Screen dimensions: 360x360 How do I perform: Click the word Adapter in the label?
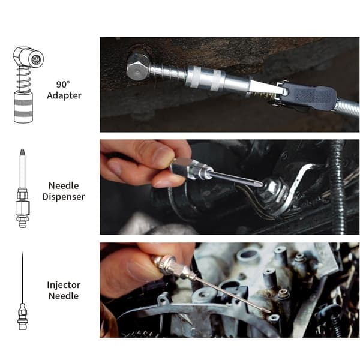[64, 95]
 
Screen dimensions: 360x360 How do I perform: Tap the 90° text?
[63, 85]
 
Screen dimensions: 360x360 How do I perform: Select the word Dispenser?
[64, 197]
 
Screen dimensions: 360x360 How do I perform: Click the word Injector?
[64, 285]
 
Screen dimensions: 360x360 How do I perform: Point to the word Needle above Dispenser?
[64, 186]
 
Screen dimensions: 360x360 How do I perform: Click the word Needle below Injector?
[64, 296]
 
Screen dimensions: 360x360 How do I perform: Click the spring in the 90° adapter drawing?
[23, 79]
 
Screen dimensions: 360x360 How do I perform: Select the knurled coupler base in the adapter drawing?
[23, 107]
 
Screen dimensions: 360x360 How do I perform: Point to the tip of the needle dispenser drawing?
[22, 149]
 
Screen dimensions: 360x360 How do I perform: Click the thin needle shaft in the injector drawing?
[22, 277]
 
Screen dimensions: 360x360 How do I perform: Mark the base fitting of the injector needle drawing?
[22, 317]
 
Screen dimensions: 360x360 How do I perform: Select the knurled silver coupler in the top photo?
[205, 77]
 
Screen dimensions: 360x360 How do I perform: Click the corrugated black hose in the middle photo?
[337, 186]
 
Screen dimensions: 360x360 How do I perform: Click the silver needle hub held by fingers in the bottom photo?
[170, 266]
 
